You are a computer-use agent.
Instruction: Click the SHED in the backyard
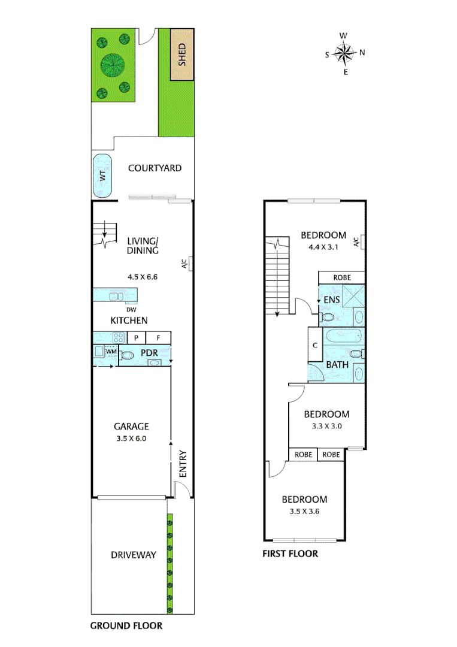tap(181, 55)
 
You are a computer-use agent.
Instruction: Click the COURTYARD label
tap(155, 168)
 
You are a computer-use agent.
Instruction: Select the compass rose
tap(345, 54)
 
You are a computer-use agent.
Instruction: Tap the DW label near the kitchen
tap(131, 310)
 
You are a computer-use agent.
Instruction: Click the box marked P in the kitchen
tap(136, 338)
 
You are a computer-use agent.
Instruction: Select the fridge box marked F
tap(159, 338)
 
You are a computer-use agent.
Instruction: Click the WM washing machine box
tap(111, 351)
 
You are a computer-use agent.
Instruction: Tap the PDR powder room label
tap(149, 353)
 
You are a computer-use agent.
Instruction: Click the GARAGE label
tap(131, 427)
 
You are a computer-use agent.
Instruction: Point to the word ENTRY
tap(183, 464)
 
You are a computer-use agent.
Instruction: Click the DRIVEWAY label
tap(133, 555)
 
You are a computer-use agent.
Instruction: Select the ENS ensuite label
tap(331, 300)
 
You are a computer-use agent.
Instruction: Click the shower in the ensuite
tap(353, 298)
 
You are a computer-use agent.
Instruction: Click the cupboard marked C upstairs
tap(315, 346)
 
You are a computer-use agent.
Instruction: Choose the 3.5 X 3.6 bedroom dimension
tap(304, 511)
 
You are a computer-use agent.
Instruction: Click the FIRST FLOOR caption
tap(290, 554)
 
